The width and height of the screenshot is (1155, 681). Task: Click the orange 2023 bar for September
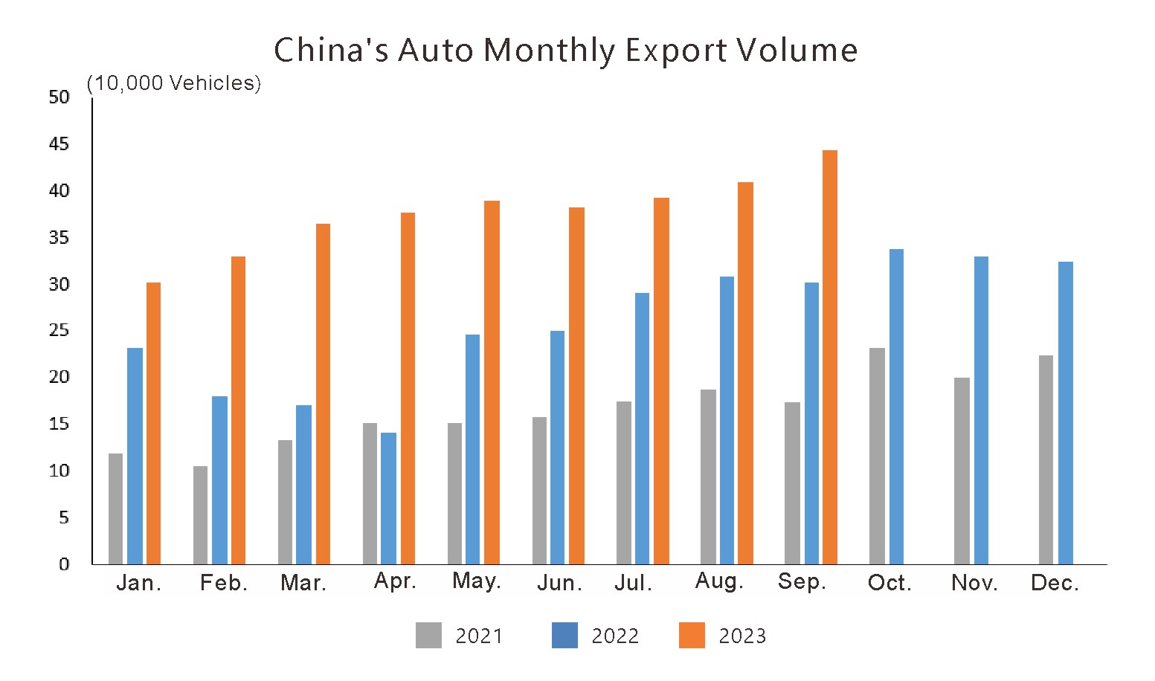pos(829,357)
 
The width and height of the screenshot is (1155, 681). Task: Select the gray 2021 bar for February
pos(200,514)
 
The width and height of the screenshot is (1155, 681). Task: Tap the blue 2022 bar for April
pos(388,498)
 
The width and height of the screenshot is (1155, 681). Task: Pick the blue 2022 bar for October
pos(896,407)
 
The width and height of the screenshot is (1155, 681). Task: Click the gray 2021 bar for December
pos(1046,459)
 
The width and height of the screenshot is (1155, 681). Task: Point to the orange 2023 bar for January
pos(153,423)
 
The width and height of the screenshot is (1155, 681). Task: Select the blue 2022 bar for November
pos(981,410)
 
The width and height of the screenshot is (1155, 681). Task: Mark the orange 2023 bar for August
pos(745,373)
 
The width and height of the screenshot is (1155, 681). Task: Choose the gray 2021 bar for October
pos(877,456)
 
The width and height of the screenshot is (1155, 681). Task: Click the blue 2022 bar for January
pos(135,456)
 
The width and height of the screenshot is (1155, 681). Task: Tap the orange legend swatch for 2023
pos(692,636)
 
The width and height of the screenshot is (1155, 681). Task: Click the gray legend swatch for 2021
pos(428,636)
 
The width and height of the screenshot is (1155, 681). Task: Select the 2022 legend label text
pos(615,636)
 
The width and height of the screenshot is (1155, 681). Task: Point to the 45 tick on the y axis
pos(59,144)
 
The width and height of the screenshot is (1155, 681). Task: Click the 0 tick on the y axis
pos(64,564)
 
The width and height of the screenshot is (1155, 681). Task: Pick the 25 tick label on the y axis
pos(59,331)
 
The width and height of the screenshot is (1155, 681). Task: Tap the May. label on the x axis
pos(477,581)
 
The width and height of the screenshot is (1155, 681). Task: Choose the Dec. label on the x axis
pos(1055,584)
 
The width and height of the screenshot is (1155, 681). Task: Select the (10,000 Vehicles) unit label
pos(174,83)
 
